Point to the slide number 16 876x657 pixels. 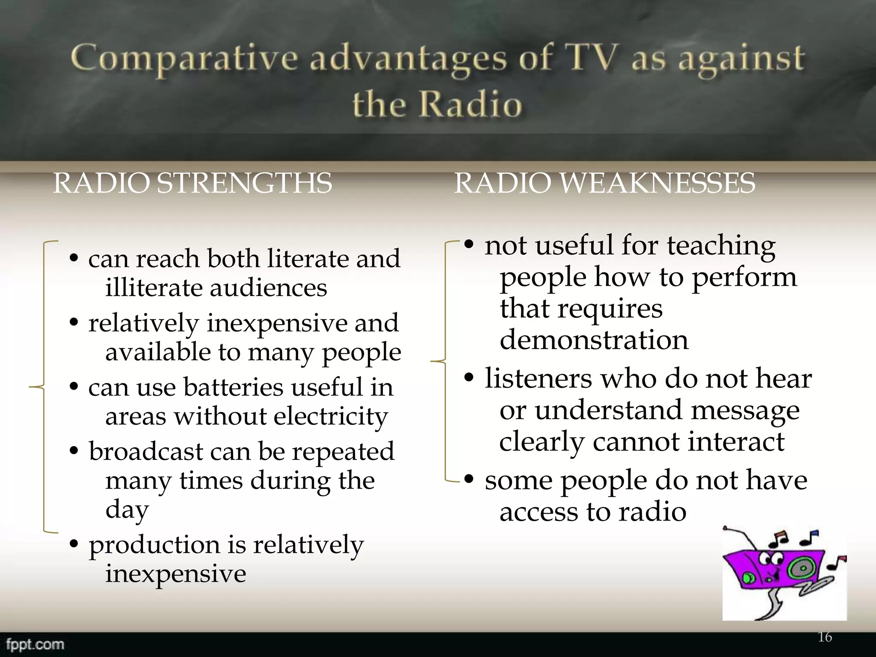click(825, 637)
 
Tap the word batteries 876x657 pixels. click(234, 387)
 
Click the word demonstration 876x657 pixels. click(594, 340)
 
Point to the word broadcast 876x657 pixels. click(146, 451)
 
